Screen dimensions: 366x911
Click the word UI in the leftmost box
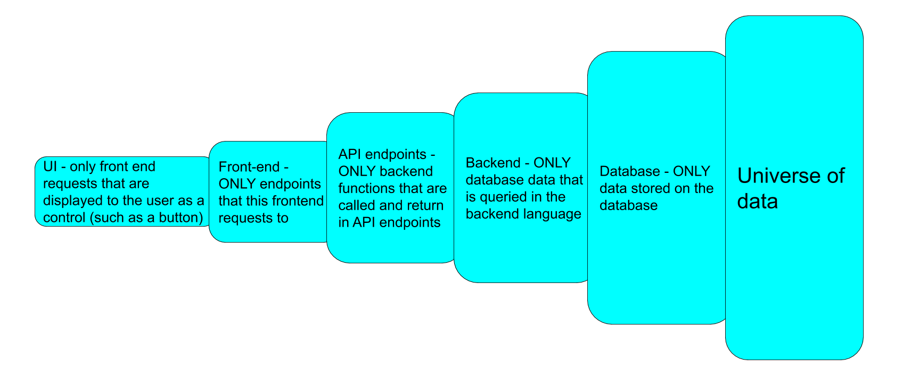pyautogui.click(x=50, y=167)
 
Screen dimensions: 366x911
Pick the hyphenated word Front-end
pyautogui.click(x=249, y=167)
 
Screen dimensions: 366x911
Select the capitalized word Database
pyautogui.click(x=629, y=171)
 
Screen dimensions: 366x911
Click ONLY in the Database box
pyautogui.click(x=691, y=171)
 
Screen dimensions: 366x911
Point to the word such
pyautogui.click(x=109, y=218)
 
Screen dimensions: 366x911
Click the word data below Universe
pyautogui.click(x=757, y=202)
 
